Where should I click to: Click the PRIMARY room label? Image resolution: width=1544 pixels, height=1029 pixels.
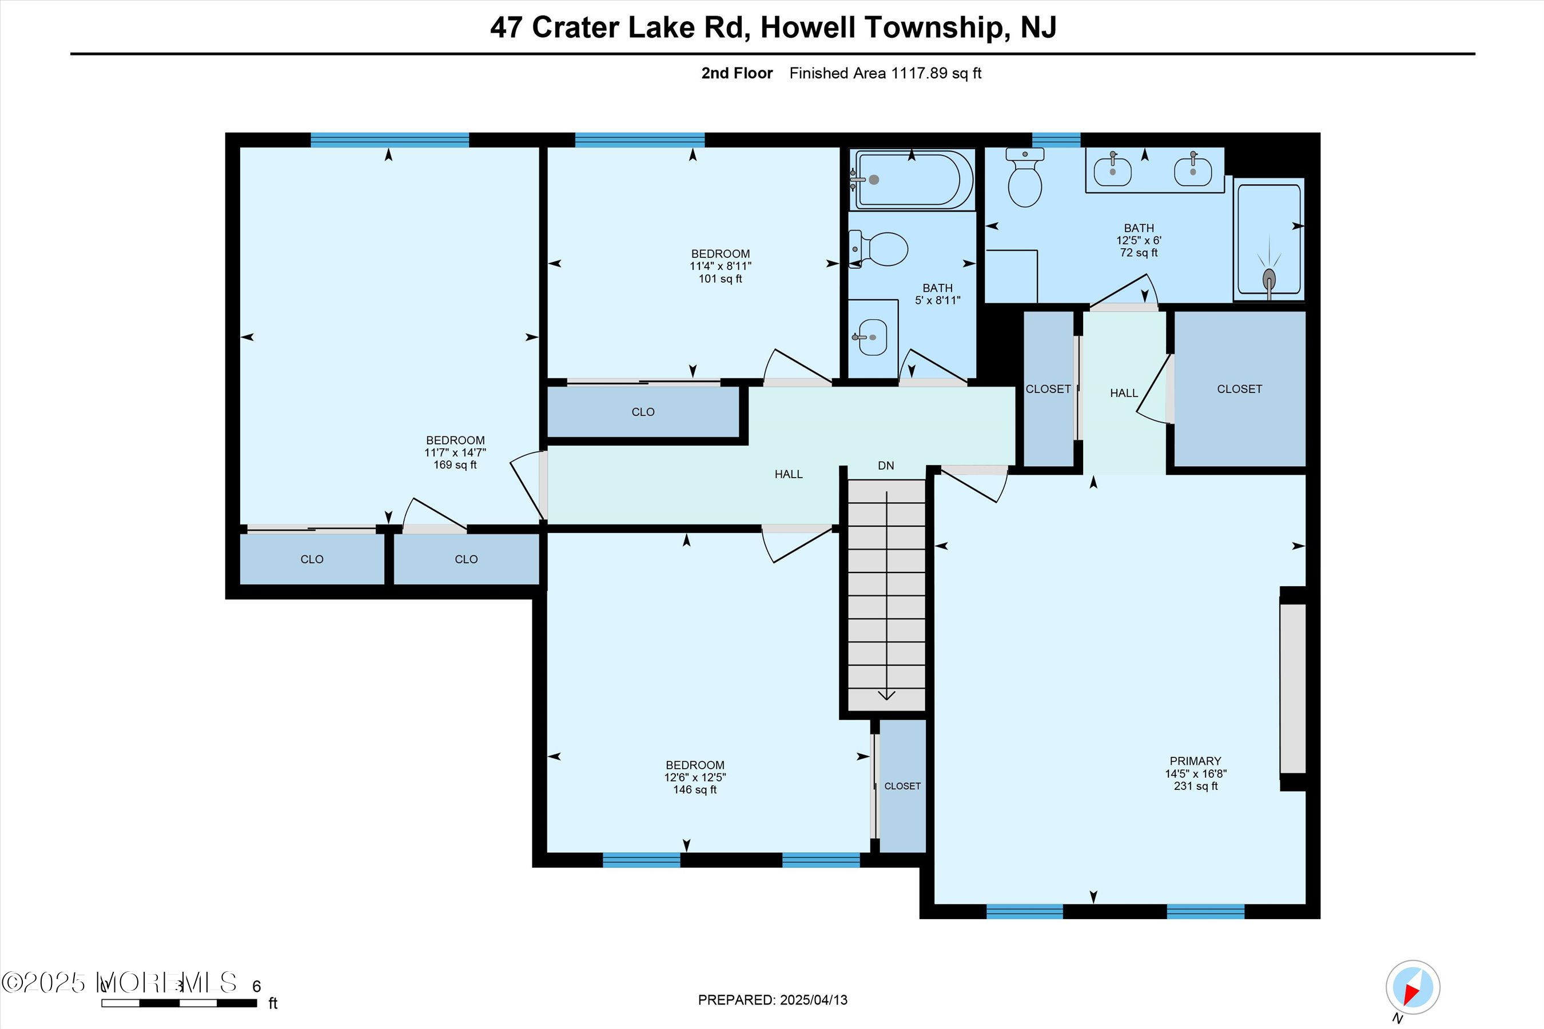[x=1195, y=761]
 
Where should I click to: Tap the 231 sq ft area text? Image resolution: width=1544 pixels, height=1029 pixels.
[x=1195, y=785]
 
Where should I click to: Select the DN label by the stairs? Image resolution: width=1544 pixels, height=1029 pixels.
[x=885, y=465]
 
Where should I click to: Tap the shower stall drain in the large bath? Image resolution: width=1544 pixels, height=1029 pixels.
[x=1268, y=279]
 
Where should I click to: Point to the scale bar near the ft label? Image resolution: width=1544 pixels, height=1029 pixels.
[x=178, y=1003]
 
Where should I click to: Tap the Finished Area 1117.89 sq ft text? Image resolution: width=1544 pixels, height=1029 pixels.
[x=885, y=73]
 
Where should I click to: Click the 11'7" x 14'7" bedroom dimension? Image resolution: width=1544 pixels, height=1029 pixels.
[x=455, y=453]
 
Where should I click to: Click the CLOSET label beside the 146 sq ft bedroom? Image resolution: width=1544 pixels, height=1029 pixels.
[x=902, y=786]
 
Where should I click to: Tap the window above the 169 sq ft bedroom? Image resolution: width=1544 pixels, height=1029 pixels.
[x=389, y=140]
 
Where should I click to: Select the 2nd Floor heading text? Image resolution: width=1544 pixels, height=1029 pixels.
[x=737, y=73]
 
